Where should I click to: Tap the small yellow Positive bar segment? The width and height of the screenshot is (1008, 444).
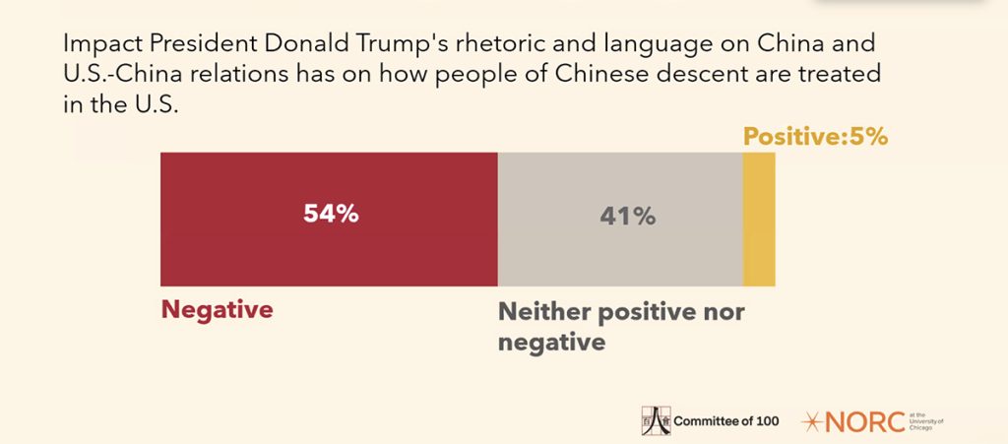tap(758, 219)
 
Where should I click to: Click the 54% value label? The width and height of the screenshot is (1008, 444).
tap(331, 215)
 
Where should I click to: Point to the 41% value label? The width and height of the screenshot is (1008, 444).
tap(627, 217)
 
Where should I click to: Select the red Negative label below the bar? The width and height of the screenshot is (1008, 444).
tap(217, 310)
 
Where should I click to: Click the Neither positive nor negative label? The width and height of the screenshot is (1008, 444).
tap(620, 327)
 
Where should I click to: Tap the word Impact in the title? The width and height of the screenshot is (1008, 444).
tap(95, 45)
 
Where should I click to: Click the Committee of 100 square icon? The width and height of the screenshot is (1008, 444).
tap(656, 419)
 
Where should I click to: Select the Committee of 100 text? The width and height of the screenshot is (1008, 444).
tap(725, 421)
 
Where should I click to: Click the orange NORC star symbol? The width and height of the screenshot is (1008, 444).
tap(813, 421)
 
